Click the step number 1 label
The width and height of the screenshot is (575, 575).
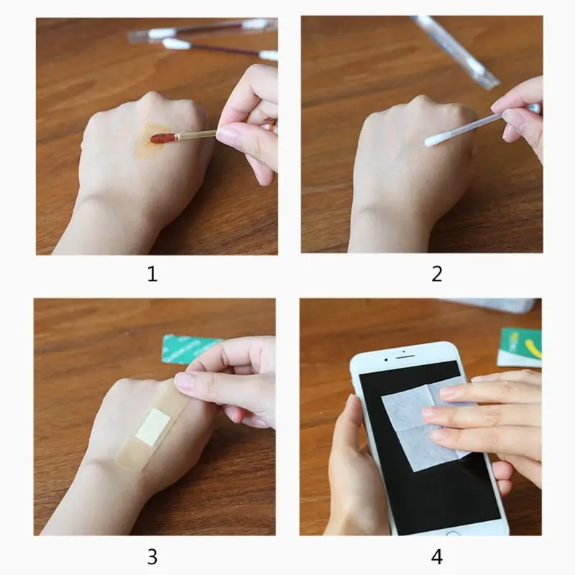152,274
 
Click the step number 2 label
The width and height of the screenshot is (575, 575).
437,274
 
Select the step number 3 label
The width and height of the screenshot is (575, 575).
152,556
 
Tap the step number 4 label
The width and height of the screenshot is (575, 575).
437,556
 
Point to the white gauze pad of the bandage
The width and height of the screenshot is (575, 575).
153,426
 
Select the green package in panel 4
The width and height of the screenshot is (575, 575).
519,347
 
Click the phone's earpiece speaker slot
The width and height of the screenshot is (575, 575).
405,356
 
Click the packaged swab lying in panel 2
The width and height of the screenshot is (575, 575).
456,51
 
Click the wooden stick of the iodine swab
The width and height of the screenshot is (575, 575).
197,134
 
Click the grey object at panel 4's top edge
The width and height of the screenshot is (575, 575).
493,305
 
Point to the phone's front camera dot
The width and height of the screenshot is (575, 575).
387,360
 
